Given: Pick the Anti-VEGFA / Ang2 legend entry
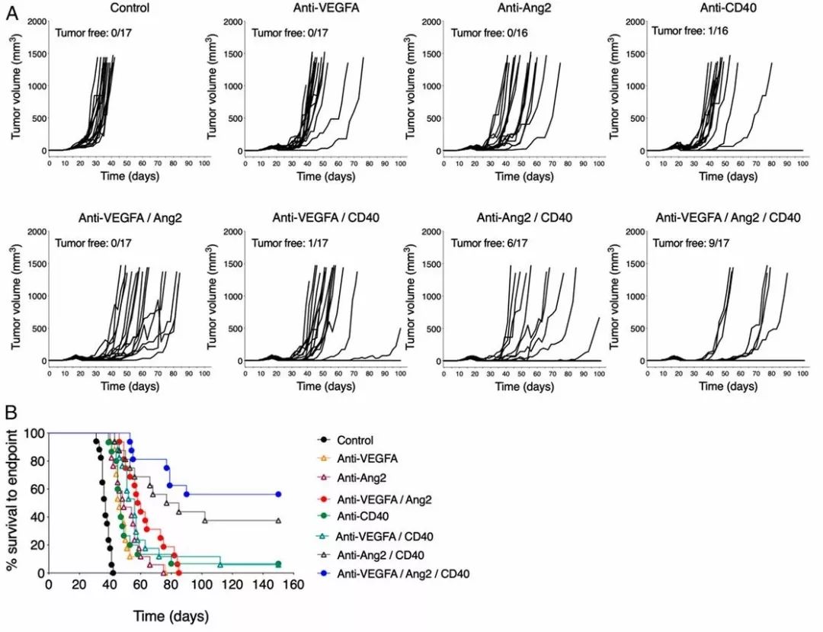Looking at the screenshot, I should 385,499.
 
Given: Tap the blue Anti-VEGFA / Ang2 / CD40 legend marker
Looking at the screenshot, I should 324,573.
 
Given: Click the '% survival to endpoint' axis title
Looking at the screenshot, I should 13,502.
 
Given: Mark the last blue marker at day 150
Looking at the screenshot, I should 279,494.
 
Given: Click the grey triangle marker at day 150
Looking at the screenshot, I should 279,521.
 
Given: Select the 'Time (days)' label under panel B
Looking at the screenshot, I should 171,614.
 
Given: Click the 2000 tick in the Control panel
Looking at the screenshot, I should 35,21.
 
